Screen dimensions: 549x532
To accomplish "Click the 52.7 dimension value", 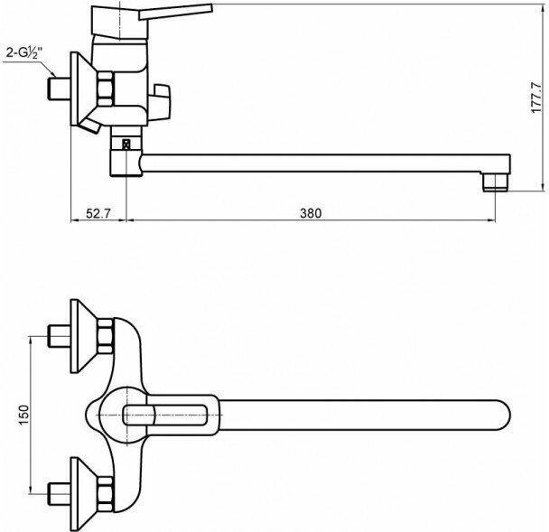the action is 98,213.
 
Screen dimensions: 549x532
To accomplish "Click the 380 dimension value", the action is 311,213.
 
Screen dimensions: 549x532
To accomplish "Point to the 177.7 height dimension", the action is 536,97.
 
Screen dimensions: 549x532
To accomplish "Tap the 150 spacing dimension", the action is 23,415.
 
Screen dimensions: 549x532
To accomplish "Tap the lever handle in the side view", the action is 176,12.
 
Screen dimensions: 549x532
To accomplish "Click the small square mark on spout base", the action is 126,144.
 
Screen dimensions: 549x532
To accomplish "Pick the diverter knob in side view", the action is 161,102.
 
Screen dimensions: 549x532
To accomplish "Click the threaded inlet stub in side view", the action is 59,89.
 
